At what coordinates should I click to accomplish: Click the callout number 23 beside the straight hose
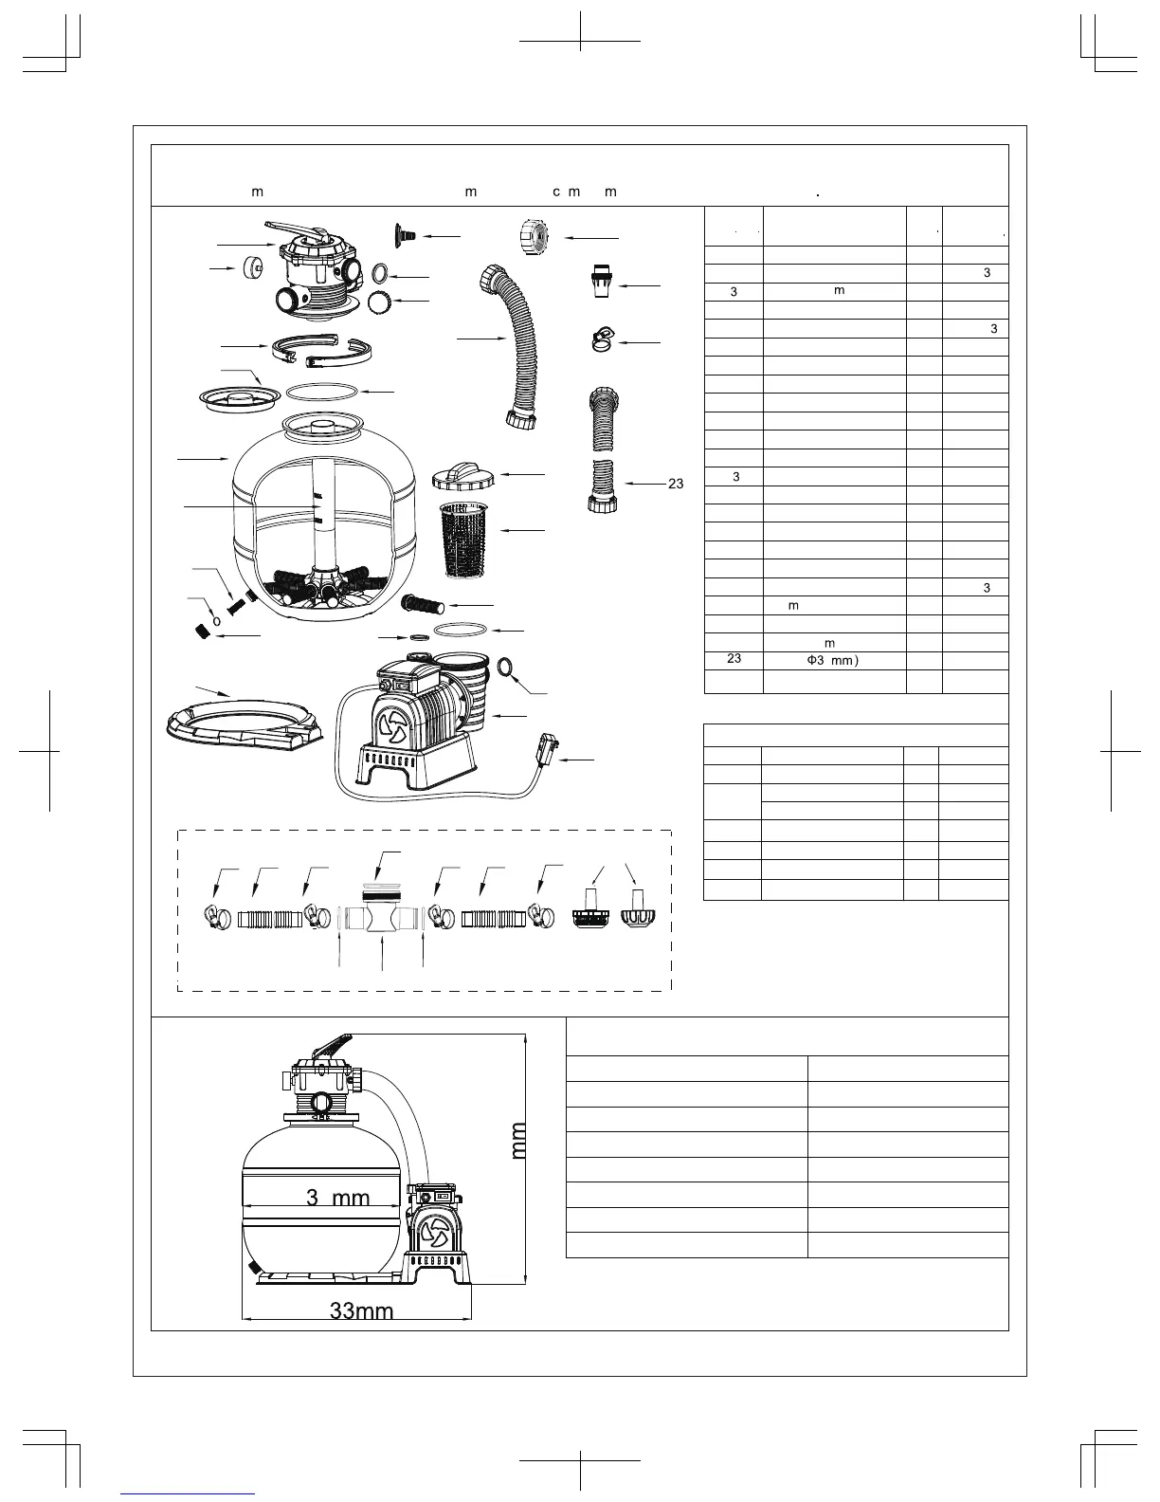click(676, 484)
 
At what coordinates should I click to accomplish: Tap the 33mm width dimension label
click(361, 1311)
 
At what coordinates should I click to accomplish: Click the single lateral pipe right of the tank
click(428, 604)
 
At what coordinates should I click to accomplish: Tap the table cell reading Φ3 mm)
click(833, 660)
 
